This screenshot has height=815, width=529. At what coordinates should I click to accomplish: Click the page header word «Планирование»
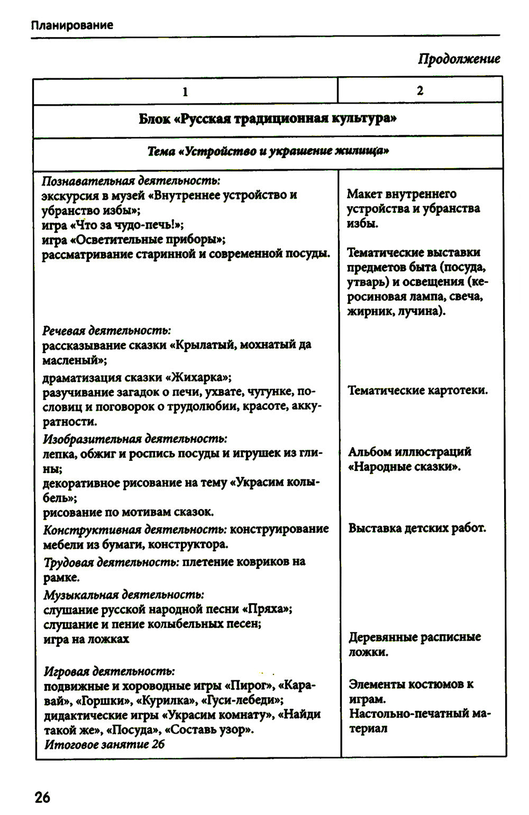(71, 25)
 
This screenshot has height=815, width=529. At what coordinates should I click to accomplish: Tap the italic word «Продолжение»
(459, 59)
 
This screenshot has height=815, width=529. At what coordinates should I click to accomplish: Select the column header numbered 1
(185, 91)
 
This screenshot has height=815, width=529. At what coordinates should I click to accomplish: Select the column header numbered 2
(420, 90)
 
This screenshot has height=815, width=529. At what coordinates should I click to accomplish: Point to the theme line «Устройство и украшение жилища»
(268, 151)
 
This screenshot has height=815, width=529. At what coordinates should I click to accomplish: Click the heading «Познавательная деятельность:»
(131, 180)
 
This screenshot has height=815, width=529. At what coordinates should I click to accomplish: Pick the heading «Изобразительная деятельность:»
(135, 439)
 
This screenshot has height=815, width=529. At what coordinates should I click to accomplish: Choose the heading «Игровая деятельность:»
(109, 671)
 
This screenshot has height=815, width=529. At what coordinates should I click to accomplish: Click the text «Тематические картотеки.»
(418, 391)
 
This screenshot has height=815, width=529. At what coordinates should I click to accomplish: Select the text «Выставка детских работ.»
(417, 528)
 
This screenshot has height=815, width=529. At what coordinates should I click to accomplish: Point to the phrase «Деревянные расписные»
(415, 637)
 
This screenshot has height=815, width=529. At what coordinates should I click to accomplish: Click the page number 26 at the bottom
(42, 797)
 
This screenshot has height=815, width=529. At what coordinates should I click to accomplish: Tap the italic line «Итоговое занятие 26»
(104, 744)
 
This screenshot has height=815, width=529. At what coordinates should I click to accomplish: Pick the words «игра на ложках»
(86, 639)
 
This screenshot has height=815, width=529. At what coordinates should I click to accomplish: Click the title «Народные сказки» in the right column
(404, 467)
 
